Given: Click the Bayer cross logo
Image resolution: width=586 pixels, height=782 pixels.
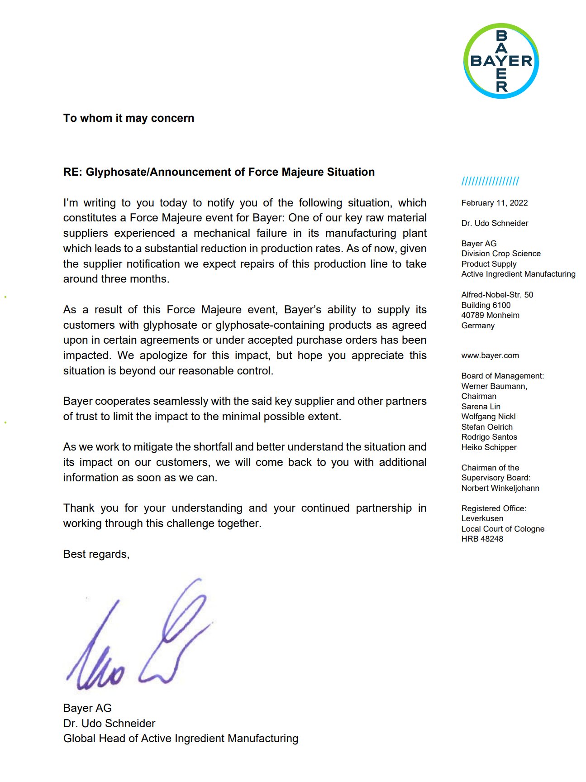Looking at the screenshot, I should click(501, 61).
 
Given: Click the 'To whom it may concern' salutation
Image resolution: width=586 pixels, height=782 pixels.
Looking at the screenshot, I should click(129, 118).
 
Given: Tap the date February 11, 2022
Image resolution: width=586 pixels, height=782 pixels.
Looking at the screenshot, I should click(494, 203).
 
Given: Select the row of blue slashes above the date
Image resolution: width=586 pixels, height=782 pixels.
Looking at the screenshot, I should click(490, 182).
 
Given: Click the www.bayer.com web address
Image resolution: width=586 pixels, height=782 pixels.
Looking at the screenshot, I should click(490, 355).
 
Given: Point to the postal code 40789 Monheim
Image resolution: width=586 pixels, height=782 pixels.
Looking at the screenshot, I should click(490, 315).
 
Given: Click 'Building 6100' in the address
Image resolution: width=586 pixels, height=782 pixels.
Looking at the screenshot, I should click(486, 305).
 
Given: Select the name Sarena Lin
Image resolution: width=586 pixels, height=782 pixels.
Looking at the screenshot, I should click(481, 407).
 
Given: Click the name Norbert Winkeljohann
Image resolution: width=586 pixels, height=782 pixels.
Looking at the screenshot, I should click(500, 488).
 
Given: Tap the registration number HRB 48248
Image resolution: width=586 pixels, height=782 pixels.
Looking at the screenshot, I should click(482, 539).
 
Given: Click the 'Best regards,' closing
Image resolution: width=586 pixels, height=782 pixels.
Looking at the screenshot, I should click(96, 554).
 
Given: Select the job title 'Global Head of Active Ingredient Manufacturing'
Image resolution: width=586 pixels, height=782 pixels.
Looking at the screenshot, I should click(181, 739).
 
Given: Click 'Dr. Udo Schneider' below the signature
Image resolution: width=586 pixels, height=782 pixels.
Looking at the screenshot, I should click(109, 723).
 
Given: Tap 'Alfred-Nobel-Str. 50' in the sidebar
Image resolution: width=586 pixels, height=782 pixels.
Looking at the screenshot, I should click(497, 295).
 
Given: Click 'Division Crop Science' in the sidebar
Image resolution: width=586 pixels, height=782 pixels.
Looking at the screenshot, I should click(500, 254).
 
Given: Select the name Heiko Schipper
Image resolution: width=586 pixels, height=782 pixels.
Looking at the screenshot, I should click(489, 447).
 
